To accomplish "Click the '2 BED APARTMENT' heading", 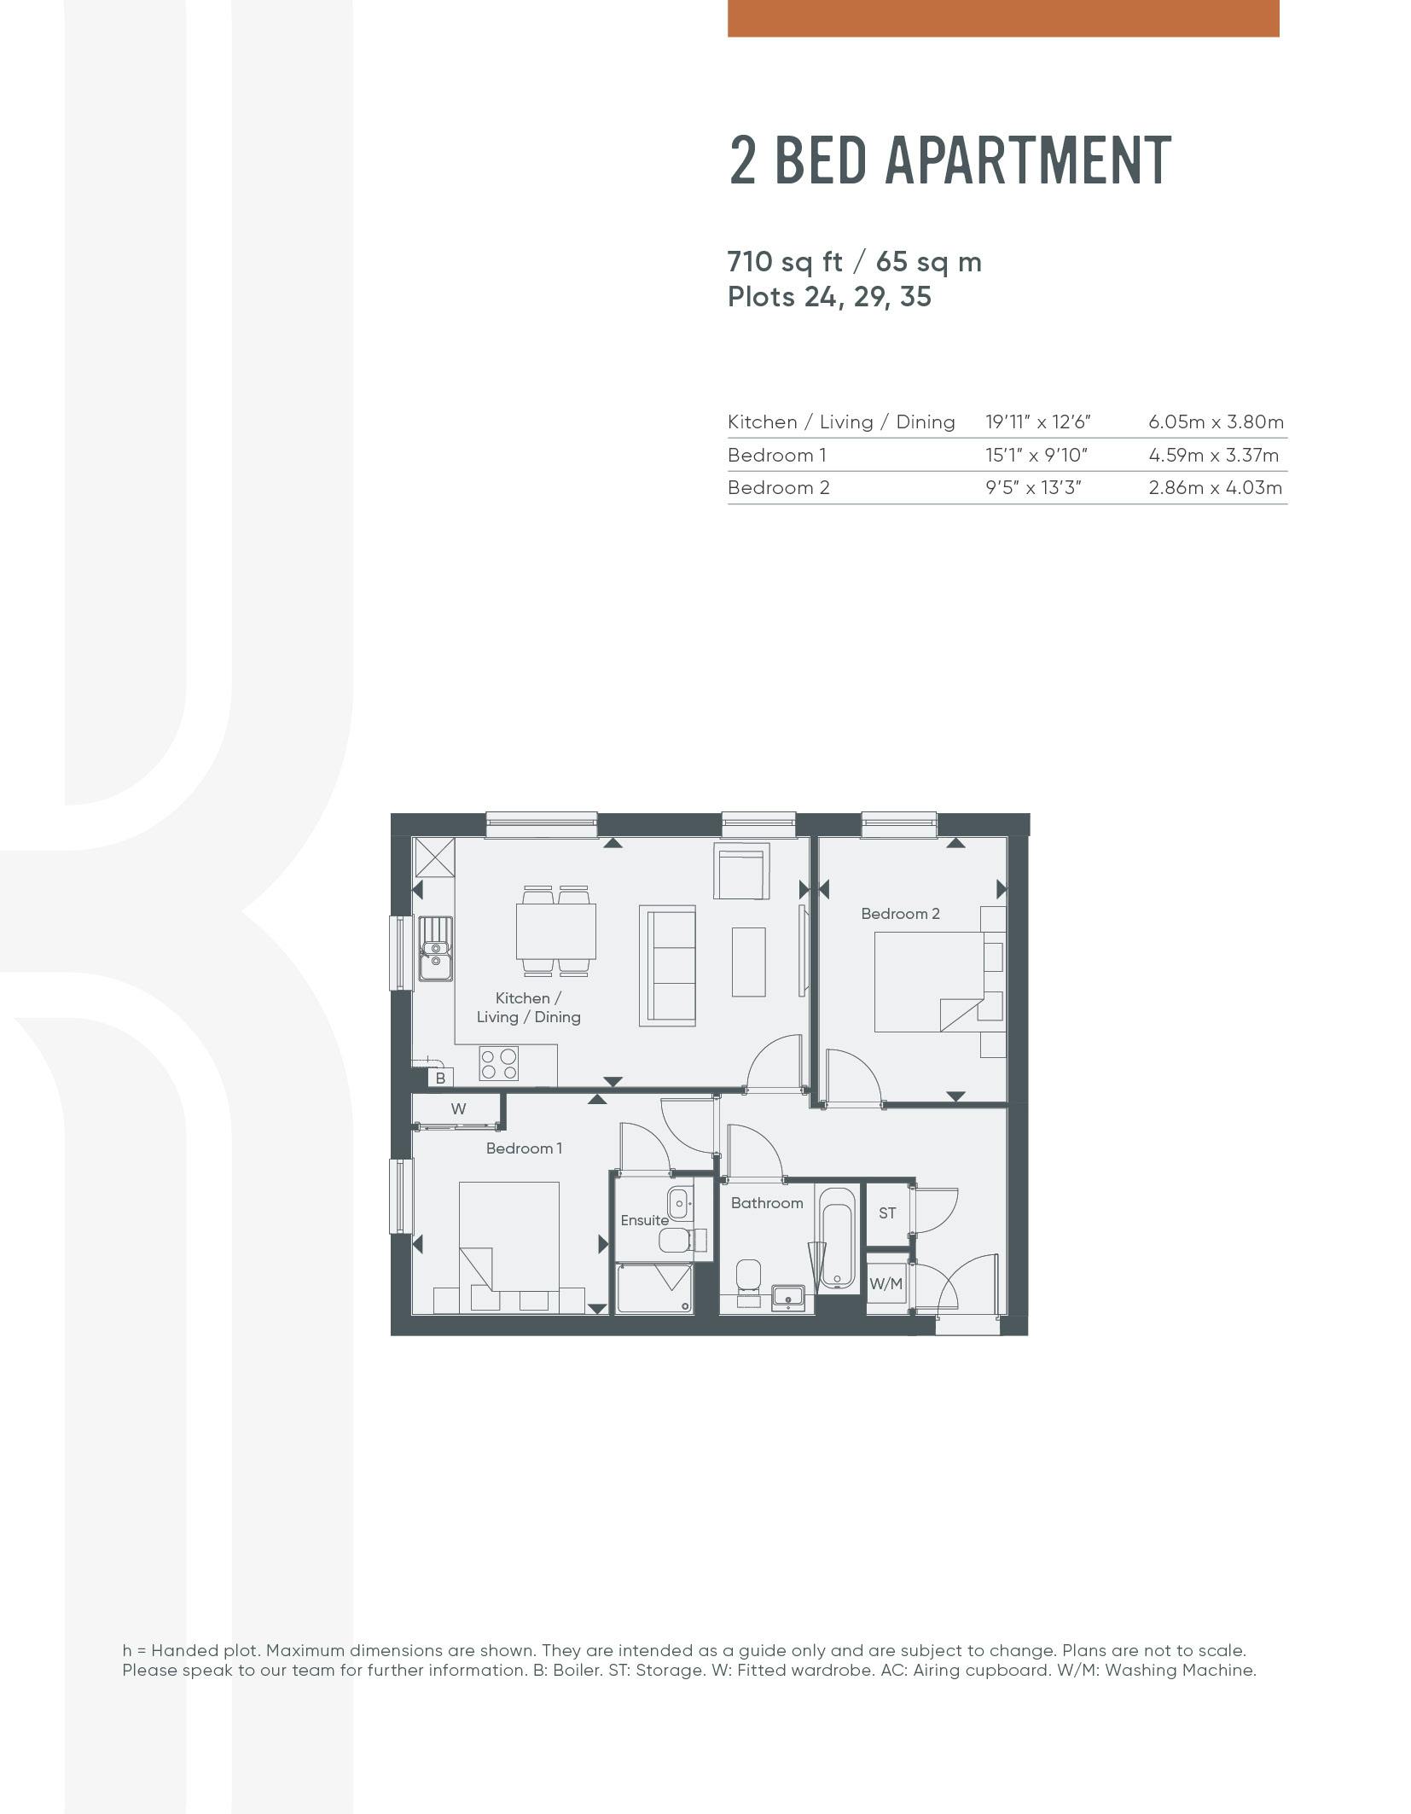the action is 949,160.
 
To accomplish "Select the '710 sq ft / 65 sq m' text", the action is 854,261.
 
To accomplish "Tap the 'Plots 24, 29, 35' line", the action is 829,297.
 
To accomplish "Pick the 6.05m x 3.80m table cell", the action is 1216,422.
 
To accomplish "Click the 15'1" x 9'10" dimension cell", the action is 1036,455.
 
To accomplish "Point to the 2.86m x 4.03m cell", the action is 1215,487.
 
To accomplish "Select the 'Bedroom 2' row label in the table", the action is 778,487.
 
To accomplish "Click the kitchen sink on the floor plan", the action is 435,948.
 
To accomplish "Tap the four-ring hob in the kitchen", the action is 498,1063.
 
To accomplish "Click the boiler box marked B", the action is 440,1078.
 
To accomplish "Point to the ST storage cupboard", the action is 887,1212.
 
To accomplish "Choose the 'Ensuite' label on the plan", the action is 644,1220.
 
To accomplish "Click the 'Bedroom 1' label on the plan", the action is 524,1148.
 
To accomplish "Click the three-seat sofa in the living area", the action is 667,965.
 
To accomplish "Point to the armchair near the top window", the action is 742,871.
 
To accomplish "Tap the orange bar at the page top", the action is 1003,18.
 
